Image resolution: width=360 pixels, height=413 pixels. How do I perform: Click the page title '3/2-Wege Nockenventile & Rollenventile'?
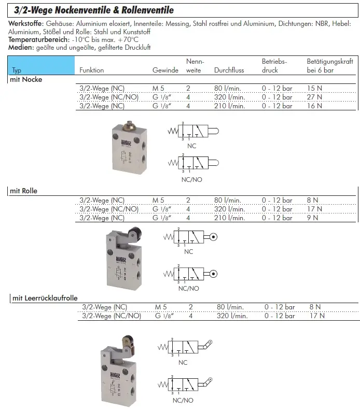point(93,10)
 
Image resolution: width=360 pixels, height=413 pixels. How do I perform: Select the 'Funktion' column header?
point(92,70)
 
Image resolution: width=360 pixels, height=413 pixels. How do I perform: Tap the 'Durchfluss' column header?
point(229,70)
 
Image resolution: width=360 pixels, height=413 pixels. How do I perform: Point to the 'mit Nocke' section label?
point(26,80)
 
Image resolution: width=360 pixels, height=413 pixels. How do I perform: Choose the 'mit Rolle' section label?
point(24,191)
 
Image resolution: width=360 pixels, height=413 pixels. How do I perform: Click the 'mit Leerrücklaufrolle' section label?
point(45,298)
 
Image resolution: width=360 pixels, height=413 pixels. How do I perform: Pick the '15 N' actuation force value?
point(314,88)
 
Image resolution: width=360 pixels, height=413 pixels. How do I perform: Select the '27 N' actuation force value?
point(314,97)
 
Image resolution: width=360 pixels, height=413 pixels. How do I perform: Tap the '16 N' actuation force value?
point(314,106)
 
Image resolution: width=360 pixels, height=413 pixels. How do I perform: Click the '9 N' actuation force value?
point(312,218)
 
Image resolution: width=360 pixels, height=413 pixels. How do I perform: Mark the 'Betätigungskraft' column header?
point(330,61)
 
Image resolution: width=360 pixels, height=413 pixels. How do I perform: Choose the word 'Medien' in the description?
point(20,47)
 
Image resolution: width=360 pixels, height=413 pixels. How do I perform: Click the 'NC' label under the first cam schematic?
point(192,146)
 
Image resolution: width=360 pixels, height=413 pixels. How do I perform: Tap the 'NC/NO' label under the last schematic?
point(183,400)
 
